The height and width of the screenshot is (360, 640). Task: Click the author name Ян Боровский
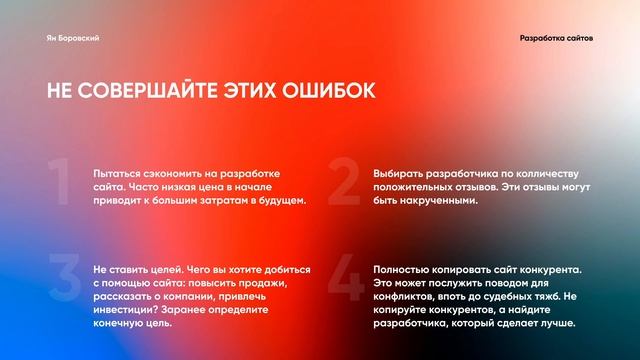pyautogui.click(x=73, y=38)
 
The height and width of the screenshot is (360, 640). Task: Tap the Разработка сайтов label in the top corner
pyautogui.click(x=556, y=38)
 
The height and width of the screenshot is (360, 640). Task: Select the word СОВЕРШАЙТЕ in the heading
pyautogui.click(x=151, y=91)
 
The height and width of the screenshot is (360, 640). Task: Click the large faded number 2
pyautogui.click(x=343, y=184)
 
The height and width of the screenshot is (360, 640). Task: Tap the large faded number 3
pyautogui.click(x=62, y=283)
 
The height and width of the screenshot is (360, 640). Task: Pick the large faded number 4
pyautogui.click(x=344, y=283)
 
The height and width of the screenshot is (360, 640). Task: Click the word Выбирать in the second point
pyautogui.click(x=397, y=171)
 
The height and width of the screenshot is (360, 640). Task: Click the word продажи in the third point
pyautogui.click(x=282, y=283)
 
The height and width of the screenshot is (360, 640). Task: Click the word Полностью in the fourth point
pyautogui.click(x=402, y=269)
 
